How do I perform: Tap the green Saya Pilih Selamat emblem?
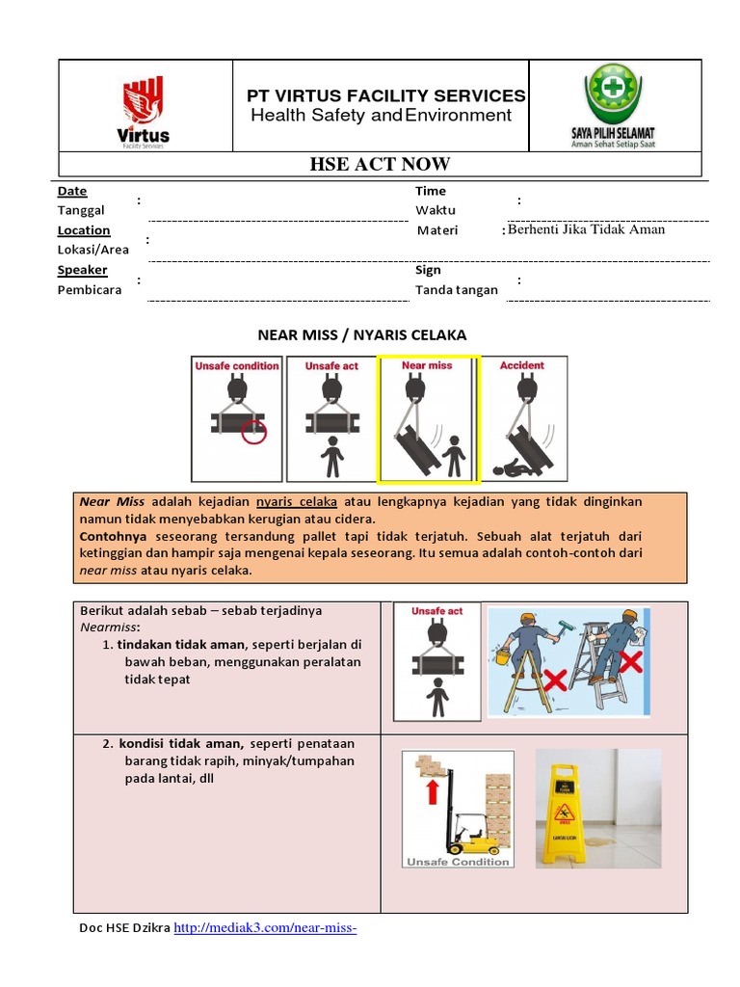(x=614, y=104)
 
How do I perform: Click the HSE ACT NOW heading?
(x=380, y=164)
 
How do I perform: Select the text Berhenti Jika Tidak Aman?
(x=586, y=229)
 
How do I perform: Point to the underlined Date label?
(x=72, y=192)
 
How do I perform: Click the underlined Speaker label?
(x=82, y=270)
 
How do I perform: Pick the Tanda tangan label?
(x=457, y=289)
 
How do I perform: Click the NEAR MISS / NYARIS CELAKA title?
(x=361, y=334)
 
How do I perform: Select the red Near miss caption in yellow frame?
(x=427, y=366)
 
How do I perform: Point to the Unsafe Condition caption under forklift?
(x=458, y=862)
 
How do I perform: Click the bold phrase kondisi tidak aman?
(x=182, y=743)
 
